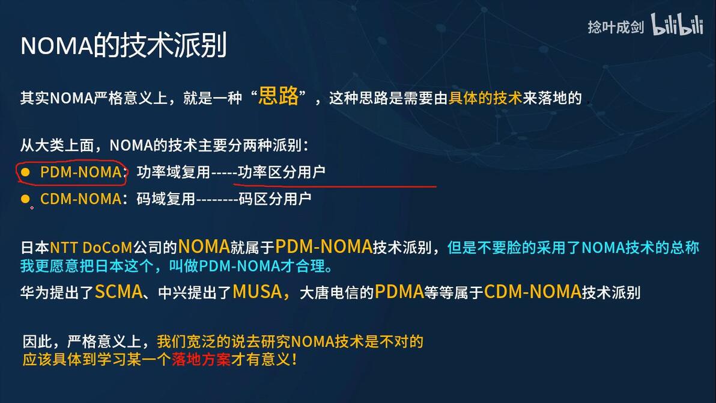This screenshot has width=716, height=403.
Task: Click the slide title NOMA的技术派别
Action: [x=124, y=45]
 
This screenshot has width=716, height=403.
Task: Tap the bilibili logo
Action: [x=677, y=25]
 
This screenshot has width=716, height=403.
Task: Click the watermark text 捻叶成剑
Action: [x=615, y=28]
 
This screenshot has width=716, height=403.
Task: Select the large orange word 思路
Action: [x=278, y=97]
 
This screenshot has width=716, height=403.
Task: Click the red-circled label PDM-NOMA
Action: [x=80, y=172]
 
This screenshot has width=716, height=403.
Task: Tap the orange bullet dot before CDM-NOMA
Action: [x=25, y=198]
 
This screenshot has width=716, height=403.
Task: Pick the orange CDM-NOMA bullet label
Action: [x=80, y=198]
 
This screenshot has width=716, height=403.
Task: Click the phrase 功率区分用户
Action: [x=282, y=172]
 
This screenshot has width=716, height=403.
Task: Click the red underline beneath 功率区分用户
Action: [x=336, y=185]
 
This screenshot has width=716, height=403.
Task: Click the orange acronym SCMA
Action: [x=118, y=292]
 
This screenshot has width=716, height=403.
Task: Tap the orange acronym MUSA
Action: [x=257, y=292]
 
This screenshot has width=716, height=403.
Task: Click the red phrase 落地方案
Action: [x=201, y=360]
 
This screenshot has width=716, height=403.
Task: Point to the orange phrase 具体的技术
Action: [x=485, y=98]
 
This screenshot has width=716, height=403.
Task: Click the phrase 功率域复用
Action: [x=173, y=172]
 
